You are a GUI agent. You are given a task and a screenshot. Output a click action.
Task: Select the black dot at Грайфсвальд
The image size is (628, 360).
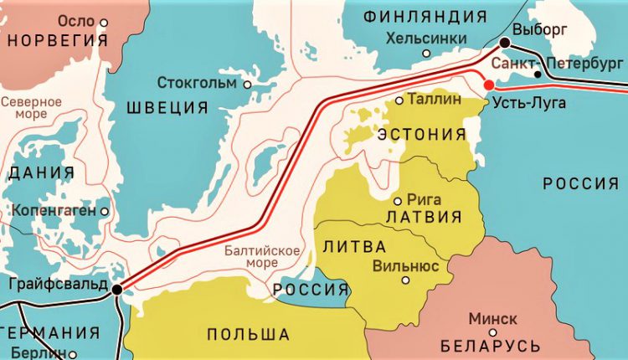click(x=116, y=289)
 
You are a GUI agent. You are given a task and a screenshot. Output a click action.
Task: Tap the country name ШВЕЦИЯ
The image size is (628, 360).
click(x=167, y=107)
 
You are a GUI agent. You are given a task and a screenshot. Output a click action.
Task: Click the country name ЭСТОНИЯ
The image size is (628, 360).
click(x=422, y=135)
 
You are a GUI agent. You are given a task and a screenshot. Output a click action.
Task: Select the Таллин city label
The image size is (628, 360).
click(x=437, y=99)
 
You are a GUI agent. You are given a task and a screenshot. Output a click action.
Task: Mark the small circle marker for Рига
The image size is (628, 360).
click(x=398, y=201)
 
